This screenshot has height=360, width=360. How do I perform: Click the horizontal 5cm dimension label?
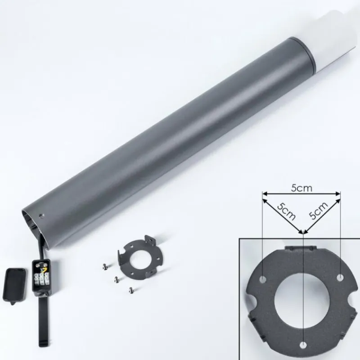click(x=301, y=188)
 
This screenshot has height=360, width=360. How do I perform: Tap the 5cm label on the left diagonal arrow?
click(x=286, y=211)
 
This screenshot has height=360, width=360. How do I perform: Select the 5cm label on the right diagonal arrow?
click(x=319, y=211)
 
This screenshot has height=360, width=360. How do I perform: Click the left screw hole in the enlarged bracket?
click(x=263, y=279)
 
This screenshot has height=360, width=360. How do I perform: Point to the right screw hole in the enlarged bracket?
click(x=340, y=277)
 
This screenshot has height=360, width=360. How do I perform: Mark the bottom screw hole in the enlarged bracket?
click(x=303, y=345)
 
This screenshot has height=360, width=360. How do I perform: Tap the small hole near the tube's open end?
click(x=41, y=216)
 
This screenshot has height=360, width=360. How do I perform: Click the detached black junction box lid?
click(x=14, y=285)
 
